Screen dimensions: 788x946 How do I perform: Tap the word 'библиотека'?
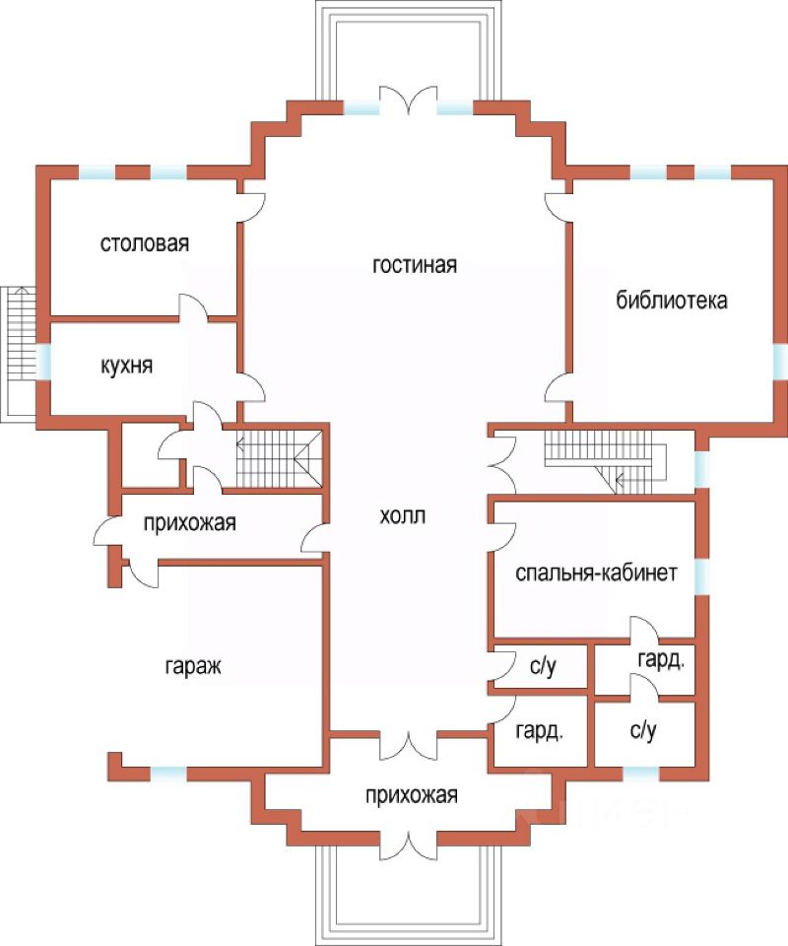pyautogui.click(x=672, y=301)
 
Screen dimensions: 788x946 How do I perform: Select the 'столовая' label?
pyautogui.click(x=144, y=243)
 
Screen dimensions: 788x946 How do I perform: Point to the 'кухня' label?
pyautogui.click(x=126, y=366)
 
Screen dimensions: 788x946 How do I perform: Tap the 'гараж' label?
pyautogui.click(x=192, y=666)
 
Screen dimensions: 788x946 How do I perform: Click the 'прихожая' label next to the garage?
pyautogui.click(x=189, y=522)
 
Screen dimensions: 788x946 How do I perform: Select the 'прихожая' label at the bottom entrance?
pyautogui.click(x=410, y=795)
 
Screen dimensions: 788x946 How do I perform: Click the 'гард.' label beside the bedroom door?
pyautogui.click(x=660, y=659)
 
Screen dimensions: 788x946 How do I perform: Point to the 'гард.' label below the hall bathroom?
pyautogui.click(x=540, y=732)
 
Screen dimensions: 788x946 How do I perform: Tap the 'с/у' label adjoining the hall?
pyautogui.click(x=544, y=668)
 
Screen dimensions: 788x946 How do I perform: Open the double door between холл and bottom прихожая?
pyautogui.click(x=409, y=744)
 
